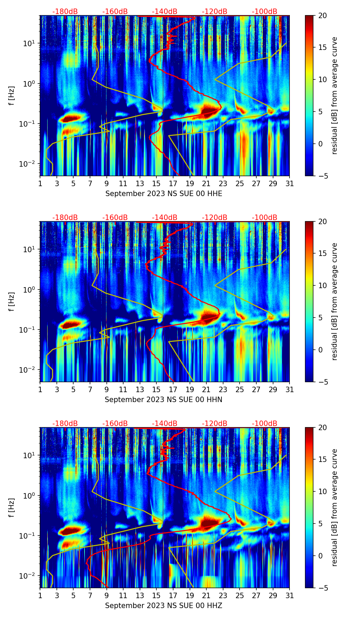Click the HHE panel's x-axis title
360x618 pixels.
point(164,194)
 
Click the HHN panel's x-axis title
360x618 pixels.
point(164,400)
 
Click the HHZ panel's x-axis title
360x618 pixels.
point(164,606)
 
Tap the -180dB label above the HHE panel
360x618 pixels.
point(65,12)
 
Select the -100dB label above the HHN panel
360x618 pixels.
point(265,218)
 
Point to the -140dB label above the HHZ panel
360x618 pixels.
point(165,424)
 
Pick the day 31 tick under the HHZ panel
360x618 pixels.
point(290,595)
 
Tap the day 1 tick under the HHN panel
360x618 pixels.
point(40,389)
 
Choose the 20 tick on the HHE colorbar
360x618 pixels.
point(322,15)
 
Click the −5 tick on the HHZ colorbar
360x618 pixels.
point(322,588)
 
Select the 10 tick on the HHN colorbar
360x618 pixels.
point(322,285)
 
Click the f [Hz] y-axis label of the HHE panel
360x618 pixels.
point(11,96)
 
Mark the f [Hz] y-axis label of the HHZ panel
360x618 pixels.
point(11,508)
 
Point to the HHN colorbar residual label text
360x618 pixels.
point(334,301)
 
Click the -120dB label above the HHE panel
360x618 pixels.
point(215,12)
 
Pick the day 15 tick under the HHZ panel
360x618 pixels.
point(156,595)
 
